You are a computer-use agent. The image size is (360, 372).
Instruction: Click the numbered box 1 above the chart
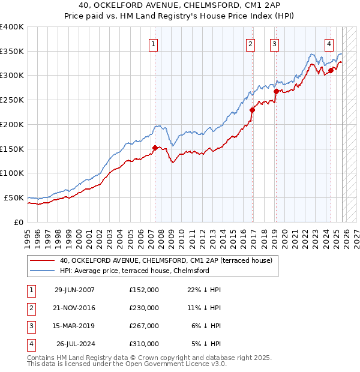[x=154, y=44]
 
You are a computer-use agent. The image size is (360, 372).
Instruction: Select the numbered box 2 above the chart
[x=250, y=44]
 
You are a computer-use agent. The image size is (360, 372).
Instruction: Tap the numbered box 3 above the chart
[x=274, y=44]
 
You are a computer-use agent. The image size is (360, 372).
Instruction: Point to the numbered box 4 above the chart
[x=329, y=44]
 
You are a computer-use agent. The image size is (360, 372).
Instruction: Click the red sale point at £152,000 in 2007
[x=155, y=148]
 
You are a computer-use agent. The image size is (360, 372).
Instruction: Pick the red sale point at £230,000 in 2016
[x=253, y=110]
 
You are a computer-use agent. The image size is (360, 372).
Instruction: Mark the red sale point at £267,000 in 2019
[x=276, y=92]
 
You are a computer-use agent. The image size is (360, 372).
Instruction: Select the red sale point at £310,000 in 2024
[x=331, y=71]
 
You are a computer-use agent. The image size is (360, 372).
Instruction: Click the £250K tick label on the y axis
[x=12, y=100]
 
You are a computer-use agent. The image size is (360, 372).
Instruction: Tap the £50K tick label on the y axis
[x=14, y=197]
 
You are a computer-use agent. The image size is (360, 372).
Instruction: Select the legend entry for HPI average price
[x=134, y=271]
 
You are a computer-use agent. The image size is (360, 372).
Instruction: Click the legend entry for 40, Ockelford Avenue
[x=166, y=260]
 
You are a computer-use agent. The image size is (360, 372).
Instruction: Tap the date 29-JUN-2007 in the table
[x=74, y=290]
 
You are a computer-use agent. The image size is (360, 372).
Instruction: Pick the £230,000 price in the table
[x=144, y=308]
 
